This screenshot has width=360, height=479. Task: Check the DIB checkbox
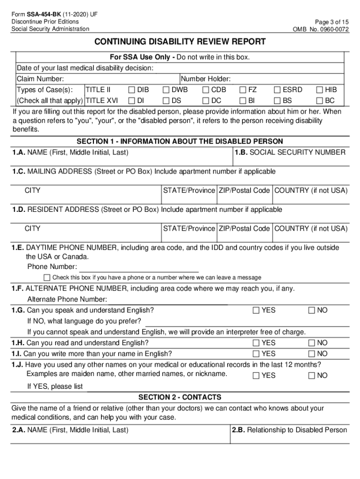[x=131, y=90]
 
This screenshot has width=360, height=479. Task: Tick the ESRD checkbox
[x=277, y=90]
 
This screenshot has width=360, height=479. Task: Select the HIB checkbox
[x=320, y=90]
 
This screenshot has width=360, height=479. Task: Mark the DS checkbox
[x=166, y=101]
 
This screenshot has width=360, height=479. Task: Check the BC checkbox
[x=320, y=101]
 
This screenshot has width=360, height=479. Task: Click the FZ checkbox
[x=243, y=90]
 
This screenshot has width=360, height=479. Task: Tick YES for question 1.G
[x=256, y=310]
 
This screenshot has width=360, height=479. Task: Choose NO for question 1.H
[x=312, y=343]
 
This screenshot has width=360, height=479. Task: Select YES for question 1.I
[x=256, y=354]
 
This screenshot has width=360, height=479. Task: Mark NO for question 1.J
[x=312, y=375]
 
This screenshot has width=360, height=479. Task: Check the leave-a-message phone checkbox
[x=47, y=277]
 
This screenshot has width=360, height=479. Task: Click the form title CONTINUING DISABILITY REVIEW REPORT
[x=180, y=42]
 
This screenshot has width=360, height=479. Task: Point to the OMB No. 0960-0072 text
[x=321, y=29]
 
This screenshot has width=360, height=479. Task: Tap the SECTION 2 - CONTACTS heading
[x=180, y=397]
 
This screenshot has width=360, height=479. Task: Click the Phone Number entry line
[x=139, y=268]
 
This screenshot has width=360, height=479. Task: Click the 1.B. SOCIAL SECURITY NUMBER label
[x=290, y=152]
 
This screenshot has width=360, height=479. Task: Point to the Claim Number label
[x=40, y=79]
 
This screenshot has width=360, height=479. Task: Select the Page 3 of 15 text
[x=332, y=22]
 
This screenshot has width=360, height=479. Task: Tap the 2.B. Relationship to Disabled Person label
[x=290, y=430]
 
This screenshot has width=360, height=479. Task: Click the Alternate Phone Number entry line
[x=168, y=300]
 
